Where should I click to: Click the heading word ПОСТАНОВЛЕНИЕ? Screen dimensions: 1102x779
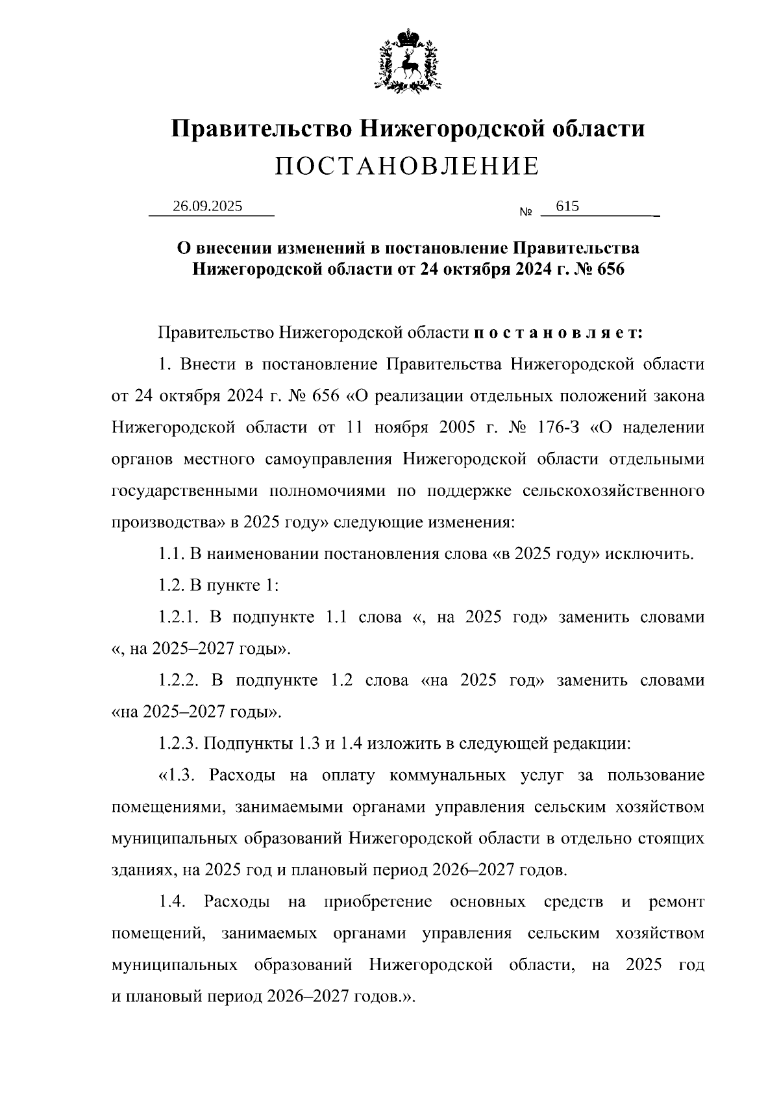[407, 167]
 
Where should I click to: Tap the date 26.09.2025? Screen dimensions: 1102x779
[207, 207]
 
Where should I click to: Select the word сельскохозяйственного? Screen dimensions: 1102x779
[613, 491]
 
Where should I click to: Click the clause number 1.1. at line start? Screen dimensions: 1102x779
[171, 555]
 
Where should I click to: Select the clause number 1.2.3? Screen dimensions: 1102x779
[179, 744]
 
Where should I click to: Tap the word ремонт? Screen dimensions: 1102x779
[676, 902]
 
